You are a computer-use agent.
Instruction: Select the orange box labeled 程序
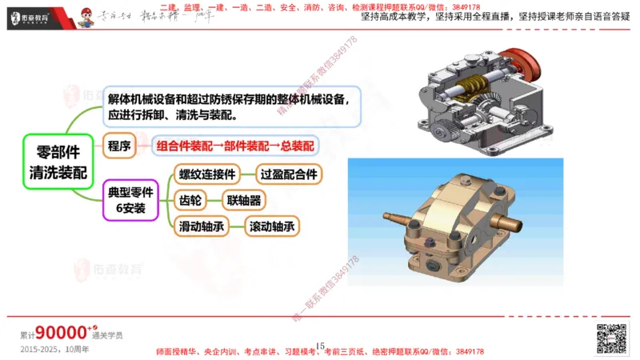coord(120,146)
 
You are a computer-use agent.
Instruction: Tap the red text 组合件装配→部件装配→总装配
coord(235,146)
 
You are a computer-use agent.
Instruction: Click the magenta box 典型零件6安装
coord(130,201)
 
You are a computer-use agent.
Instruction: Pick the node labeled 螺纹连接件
coord(207,174)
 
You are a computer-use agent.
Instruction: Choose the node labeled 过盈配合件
coord(289,174)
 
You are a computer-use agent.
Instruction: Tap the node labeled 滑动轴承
coord(201,226)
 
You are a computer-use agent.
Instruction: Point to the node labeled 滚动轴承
coord(273,226)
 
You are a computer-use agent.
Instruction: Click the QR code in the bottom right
coord(610,338)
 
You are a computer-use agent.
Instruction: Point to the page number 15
coord(320,346)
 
